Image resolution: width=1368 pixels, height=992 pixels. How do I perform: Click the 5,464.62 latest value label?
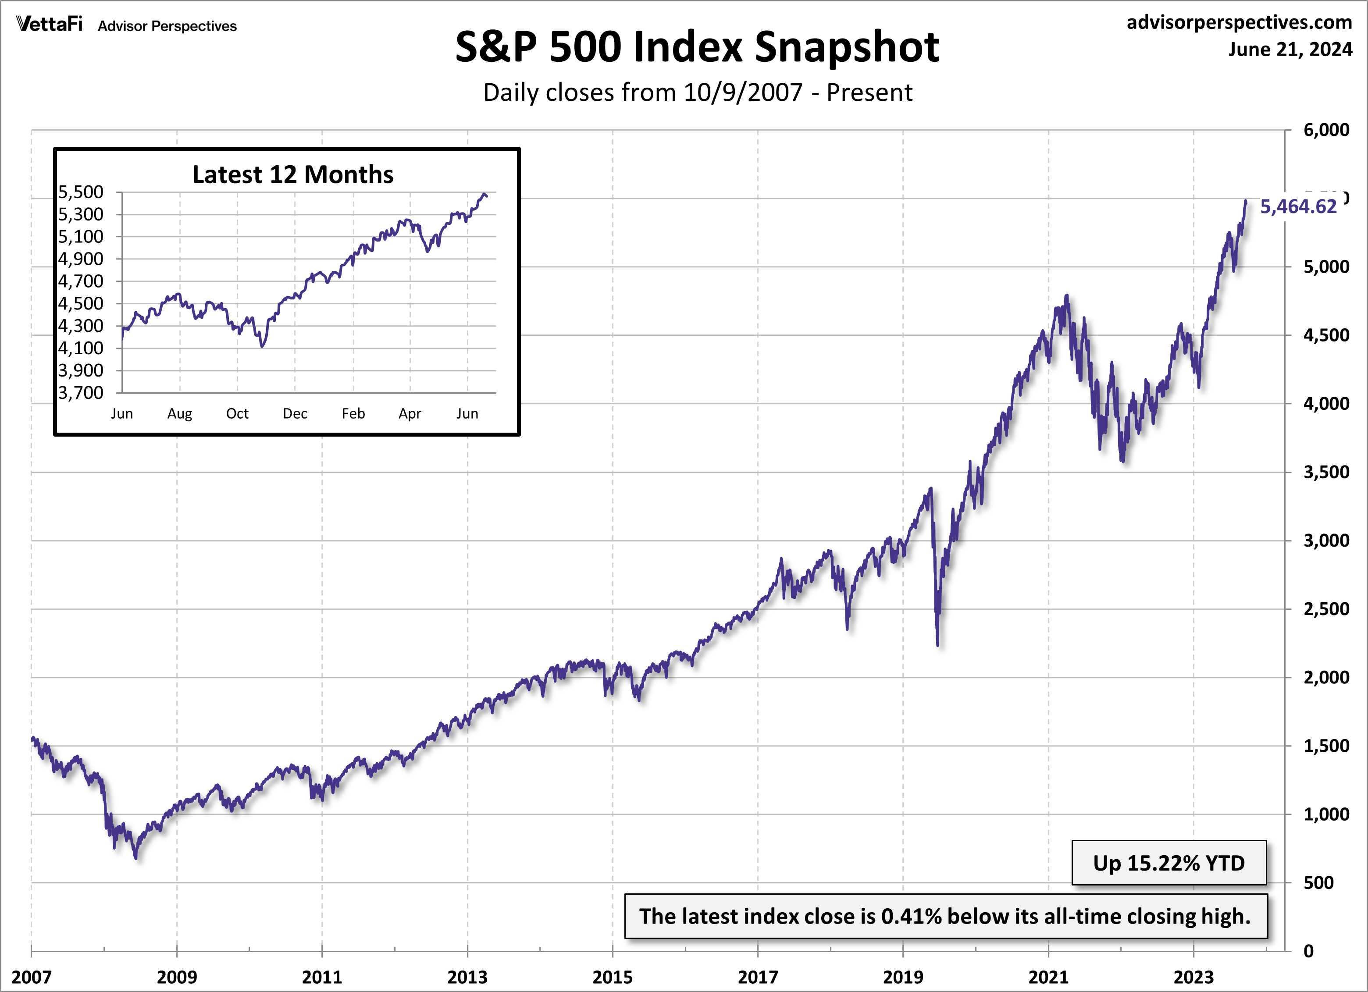tap(1298, 207)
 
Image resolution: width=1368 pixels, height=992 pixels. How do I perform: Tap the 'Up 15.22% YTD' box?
tap(1168, 863)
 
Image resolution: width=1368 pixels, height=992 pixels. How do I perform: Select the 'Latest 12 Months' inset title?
tap(292, 174)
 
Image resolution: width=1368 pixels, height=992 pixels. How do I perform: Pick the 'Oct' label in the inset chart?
tap(237, 414)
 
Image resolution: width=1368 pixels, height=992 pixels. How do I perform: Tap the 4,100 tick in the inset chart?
tap(81, 348)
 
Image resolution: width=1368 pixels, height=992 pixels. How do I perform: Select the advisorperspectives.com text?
tap(1239, 22)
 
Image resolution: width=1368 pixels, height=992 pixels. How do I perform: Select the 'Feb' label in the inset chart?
tap(353, 414)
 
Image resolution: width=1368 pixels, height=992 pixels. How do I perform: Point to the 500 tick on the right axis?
tap(1318, 883)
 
